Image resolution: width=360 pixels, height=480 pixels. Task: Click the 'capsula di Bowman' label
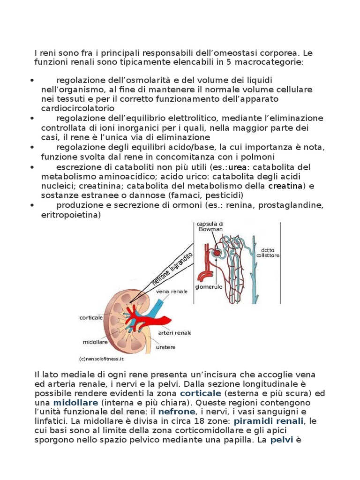click(210, 227)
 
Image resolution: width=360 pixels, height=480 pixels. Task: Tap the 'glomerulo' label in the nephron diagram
click(209, 286)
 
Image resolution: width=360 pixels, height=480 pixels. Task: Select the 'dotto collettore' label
click(270, 253)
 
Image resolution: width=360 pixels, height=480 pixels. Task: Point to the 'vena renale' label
click(169, 292)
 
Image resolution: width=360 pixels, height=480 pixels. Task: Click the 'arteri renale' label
click(174, 333)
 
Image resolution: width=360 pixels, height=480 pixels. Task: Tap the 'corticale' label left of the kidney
click(91, 318)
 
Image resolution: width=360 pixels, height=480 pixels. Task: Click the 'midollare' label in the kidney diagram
click(96, 342)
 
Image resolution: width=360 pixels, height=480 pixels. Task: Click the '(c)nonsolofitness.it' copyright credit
click(101, 359)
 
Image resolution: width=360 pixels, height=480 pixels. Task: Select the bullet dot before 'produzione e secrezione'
click(32, 206)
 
